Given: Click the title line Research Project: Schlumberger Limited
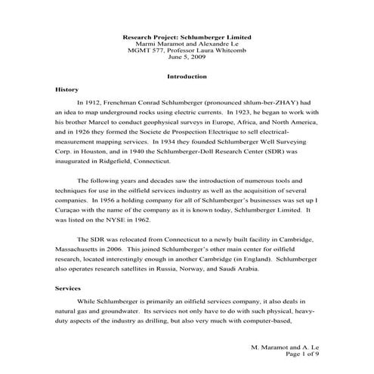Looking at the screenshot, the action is point(187,36).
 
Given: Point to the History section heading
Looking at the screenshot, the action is point(67,89).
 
